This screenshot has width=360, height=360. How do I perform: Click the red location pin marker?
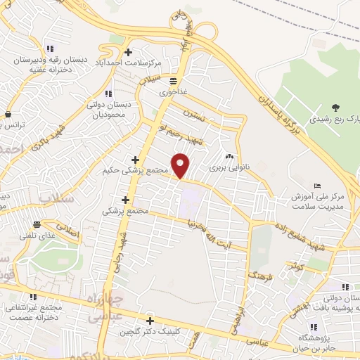pyautogui.click(x=181, y=165)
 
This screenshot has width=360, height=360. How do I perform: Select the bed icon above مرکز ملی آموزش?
pyautogui.click(x=319, y=185)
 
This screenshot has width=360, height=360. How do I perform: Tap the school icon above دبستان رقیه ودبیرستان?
pyautogui.click(x=50, y=49)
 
